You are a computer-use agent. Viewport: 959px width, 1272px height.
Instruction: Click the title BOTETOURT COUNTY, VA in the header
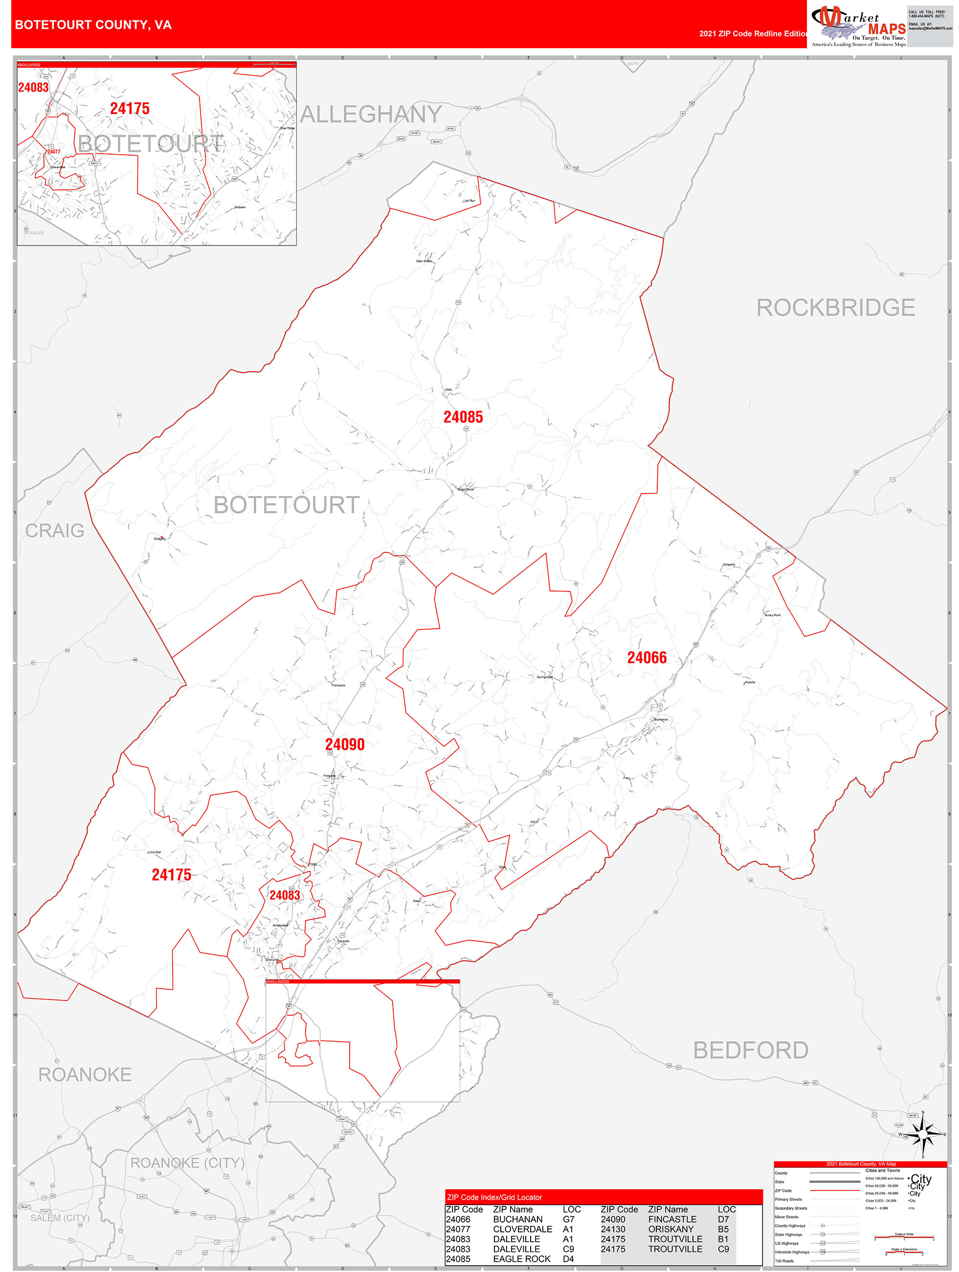(x=93, y=25)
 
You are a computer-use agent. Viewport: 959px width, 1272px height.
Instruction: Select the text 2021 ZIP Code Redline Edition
(x=753, y=34)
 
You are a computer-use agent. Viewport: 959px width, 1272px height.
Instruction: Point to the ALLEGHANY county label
(x=371, y=114)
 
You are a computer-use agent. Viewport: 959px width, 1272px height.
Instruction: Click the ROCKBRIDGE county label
(x=835, y=308)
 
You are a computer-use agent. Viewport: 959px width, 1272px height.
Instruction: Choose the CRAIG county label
(x=55, y=531)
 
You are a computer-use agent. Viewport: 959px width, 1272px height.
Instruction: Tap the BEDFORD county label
(x=750, y=1050)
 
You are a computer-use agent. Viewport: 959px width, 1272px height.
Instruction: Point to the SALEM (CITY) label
(x=60, y=1218)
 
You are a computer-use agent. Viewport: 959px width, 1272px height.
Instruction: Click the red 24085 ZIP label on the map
(x=463, y=417)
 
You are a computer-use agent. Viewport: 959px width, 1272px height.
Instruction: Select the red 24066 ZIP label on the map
(x=647, y=658)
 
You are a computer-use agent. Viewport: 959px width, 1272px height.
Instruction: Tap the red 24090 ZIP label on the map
(x=345, y=745)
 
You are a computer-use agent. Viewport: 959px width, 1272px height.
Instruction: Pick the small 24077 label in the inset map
(x=53, y=152)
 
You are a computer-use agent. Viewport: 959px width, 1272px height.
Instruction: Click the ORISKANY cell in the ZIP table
(x=671, y=1229)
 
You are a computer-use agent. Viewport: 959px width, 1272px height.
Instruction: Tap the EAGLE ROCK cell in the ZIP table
(x=522, y=1259)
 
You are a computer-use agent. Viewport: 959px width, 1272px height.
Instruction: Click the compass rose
(x=923, y=1135)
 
